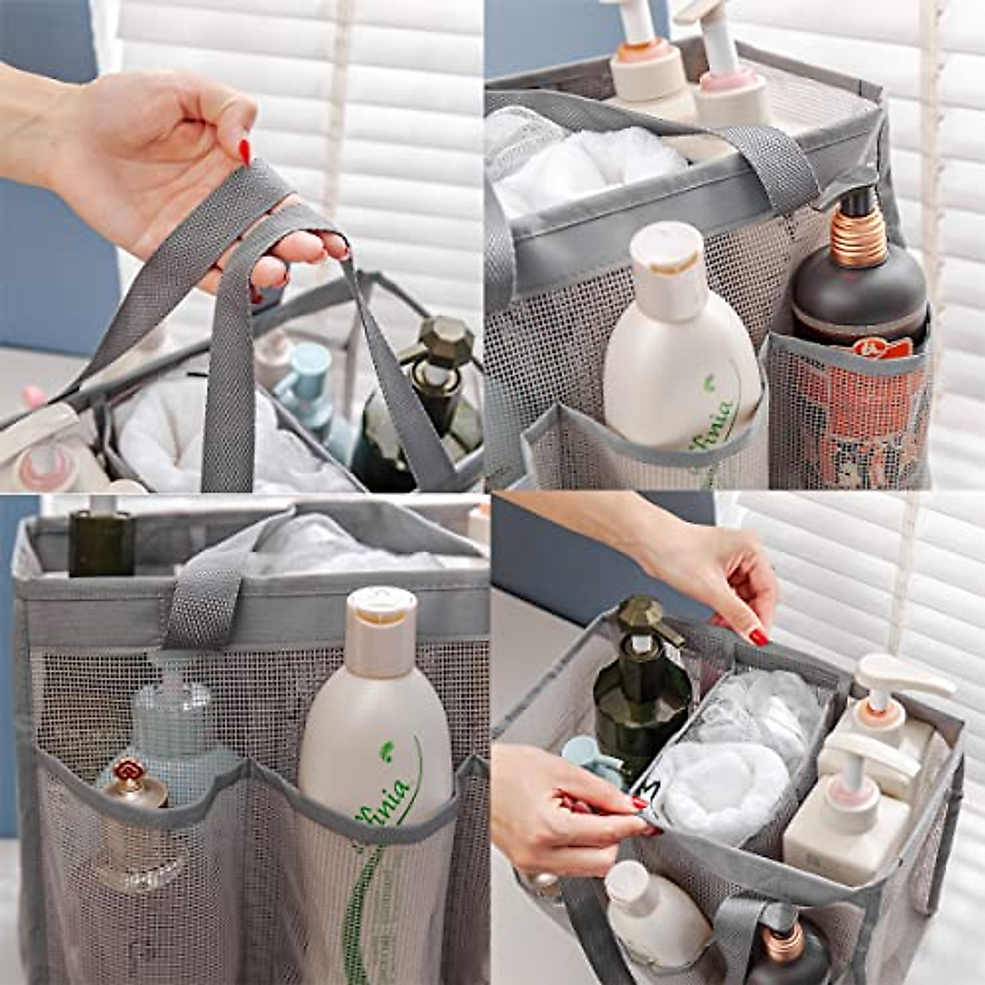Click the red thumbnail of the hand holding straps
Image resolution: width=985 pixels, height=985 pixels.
click(x=245, y=152)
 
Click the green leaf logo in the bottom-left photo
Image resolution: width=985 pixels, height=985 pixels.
click(x=387, y=750)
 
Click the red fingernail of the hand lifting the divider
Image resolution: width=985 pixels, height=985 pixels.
click(x=758, y=636)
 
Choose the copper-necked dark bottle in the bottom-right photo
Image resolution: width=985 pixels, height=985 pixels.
click(x=788, y=952)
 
